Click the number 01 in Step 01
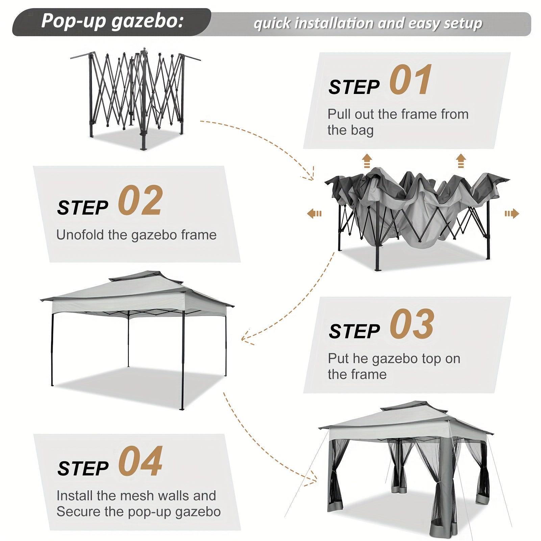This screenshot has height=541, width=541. [410, 80]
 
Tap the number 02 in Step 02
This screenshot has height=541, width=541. [140, 201]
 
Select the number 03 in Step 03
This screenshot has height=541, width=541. [412, 324]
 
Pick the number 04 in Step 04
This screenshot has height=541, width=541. [140, 461]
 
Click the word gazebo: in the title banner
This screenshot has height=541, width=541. [148, 22]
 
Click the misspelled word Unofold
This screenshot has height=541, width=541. [80, 235]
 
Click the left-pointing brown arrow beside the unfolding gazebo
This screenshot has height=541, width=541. [314, 214]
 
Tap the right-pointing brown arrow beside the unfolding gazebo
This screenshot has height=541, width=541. [512, 214]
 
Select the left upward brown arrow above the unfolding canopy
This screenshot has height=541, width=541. [367, 161]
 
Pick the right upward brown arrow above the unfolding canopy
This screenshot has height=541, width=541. [461, 161]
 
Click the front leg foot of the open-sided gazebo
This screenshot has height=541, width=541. [182, 408]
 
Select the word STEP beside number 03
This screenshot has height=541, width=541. [354, 331]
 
